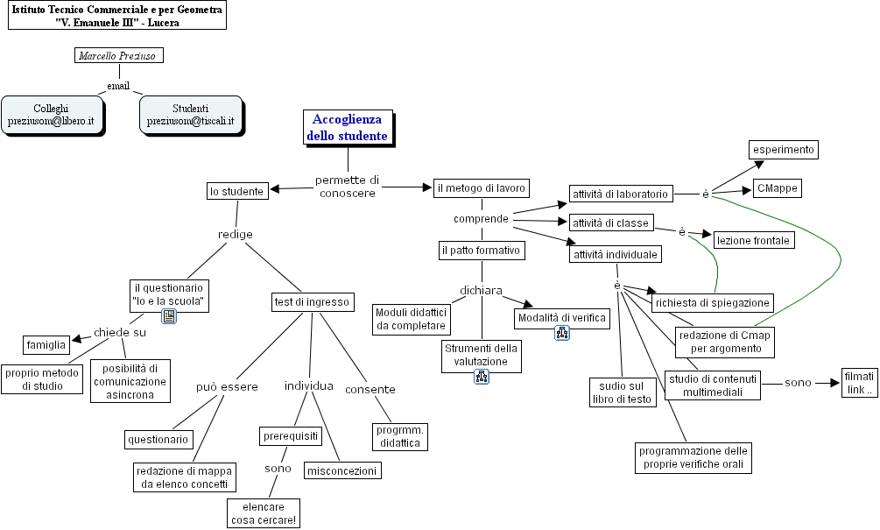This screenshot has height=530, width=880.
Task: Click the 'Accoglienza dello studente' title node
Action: [x=347, y=128]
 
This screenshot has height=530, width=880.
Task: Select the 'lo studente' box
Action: [x=236, y=191]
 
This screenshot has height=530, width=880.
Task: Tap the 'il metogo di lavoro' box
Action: [x=481, y=187]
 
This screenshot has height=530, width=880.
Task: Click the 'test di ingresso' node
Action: [x=311, y=302]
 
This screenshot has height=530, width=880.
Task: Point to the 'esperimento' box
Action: [x=783, y=150]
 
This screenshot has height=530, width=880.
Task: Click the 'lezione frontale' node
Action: [x=753, y=240]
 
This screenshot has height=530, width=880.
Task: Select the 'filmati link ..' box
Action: [x=857, y=383]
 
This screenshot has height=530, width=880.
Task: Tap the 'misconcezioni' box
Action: [x=342, y=470]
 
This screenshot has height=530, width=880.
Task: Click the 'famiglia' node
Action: [x=46, y=343]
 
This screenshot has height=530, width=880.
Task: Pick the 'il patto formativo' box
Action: [x=481, y=251]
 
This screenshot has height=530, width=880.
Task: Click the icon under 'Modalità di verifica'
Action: [x=563, y=333]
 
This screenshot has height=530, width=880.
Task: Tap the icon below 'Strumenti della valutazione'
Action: [x=482, y=377]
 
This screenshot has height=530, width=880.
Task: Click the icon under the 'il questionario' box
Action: [x=169, y=316]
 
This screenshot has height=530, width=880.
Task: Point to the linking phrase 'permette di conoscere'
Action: [x=348, y=187]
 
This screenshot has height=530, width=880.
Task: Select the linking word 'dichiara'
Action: [x=481, y=290]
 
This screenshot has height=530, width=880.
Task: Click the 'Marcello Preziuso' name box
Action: [x=119, y=55]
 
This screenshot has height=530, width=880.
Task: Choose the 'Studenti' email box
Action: [x=190, y=115]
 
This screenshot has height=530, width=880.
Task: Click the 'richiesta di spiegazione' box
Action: [x=712, y=302]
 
